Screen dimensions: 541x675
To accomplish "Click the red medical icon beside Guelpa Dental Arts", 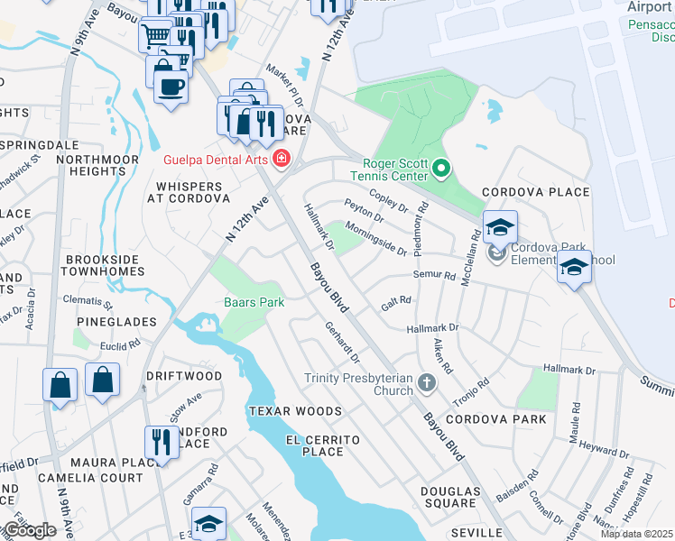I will click(282, 160).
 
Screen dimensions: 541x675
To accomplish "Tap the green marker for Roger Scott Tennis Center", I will click(441, 169).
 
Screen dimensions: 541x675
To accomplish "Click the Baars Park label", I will click(254, 302).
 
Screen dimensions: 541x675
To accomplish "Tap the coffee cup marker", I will click(170, 87).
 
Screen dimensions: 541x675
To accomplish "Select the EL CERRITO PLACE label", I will click(323, 446).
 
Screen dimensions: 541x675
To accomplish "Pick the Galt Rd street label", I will click(396, 304).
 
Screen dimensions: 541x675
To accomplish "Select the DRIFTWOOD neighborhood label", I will click(184, 375).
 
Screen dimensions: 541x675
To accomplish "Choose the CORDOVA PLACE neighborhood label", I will click(535, 192).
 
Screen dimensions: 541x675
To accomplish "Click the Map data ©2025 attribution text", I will click(637, 534).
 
